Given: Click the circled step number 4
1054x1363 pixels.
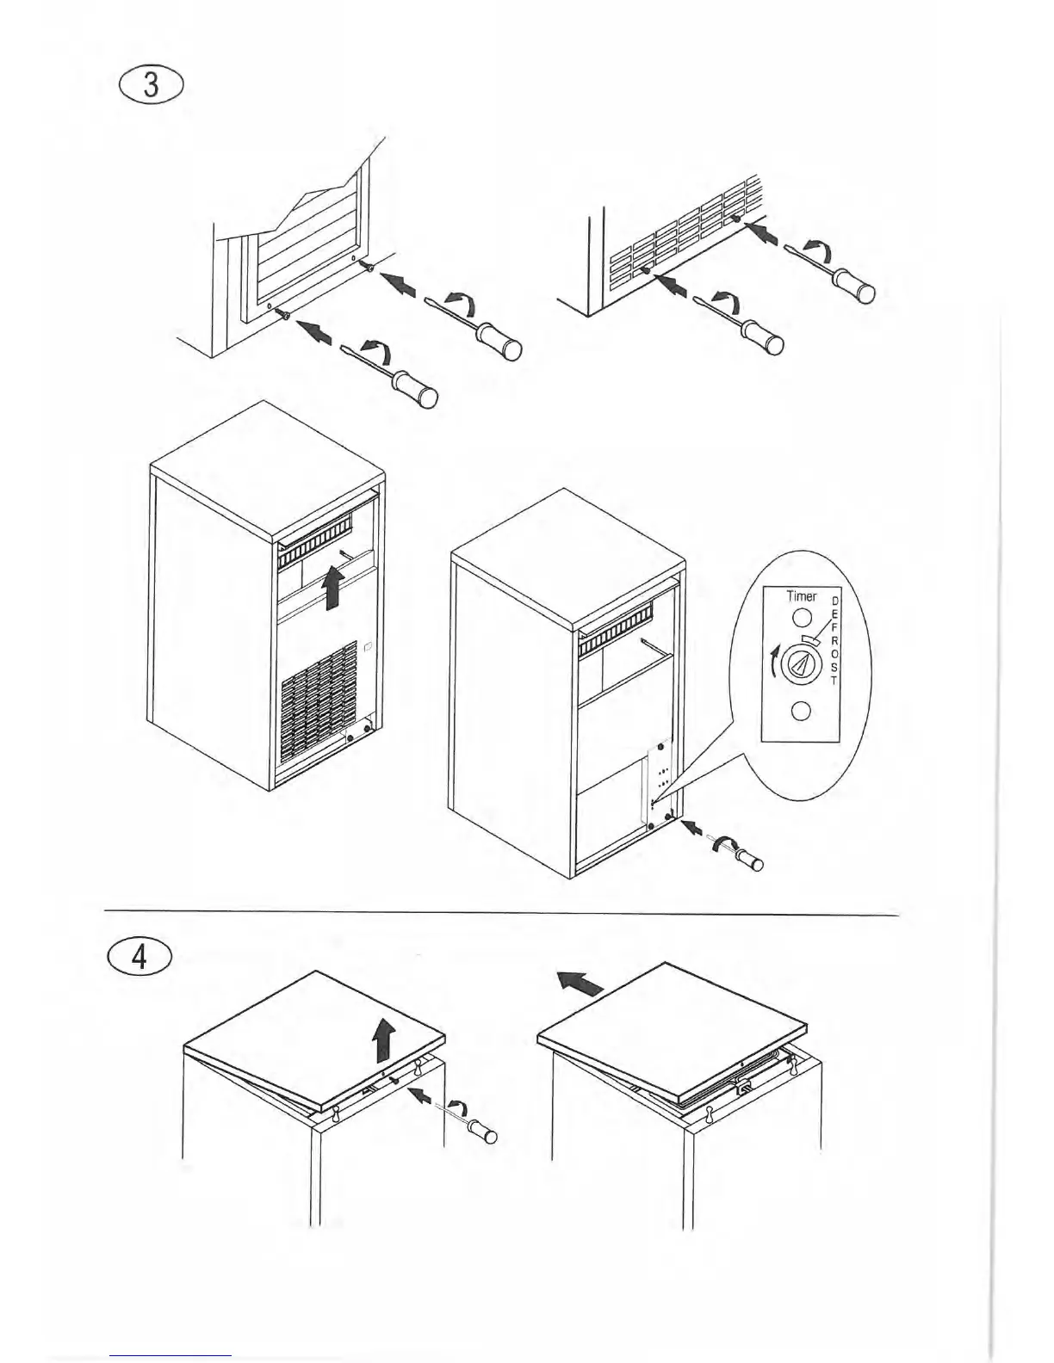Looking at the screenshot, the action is click(x=139, y=958).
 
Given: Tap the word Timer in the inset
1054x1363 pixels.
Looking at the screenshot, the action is click(x=802, y=595).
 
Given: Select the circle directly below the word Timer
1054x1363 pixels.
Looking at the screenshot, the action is click(x=801, y=618).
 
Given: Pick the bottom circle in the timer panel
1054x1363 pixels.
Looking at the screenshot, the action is click(x=801, y=712).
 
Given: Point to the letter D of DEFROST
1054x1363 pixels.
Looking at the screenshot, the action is click(x=834, y=600).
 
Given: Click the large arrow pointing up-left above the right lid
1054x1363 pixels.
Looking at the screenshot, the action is click(x=580, y=981).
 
